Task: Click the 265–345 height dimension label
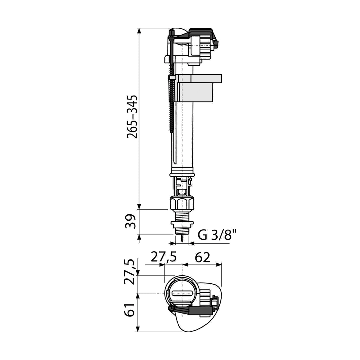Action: [x=132, y=116]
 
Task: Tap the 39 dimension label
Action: [x=130, y=221]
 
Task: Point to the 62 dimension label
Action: [x=202, y=257]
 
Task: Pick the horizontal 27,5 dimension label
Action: [x=163, y=257]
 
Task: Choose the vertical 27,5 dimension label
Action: [x=130, y=272]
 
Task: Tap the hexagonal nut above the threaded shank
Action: [x=182, y=202]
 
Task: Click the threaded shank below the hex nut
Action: [x=182, y=215]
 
